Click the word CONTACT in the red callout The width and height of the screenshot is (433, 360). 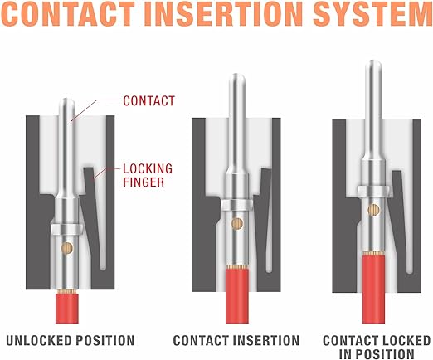[x=148, y=101]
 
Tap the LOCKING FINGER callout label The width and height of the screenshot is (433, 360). [x=148, y=176]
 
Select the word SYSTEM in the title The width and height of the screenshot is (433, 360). [x=372, y=13]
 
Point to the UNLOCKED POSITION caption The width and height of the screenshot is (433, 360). [x=71, y=340]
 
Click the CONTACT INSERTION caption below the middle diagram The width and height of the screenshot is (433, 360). [x=236, y=340]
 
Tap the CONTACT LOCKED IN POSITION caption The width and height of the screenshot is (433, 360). [x=377, y=348]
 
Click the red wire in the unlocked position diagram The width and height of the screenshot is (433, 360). [x=67, y=309]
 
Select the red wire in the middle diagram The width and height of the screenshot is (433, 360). [x=237, y=296]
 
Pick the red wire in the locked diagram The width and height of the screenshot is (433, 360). [x=373, y=289]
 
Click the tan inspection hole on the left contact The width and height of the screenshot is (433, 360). [x=67, y=248]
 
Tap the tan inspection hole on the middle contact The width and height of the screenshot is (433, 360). [x=237, y=224]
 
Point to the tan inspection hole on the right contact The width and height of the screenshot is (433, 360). [x=374, y=210]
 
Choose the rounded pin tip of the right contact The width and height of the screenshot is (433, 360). [x=373, y=63]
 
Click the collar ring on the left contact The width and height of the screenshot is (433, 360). [x=67, y=230]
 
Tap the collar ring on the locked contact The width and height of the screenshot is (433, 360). [x=373, y=191]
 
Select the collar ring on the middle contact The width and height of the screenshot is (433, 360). [x=237, y=205]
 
